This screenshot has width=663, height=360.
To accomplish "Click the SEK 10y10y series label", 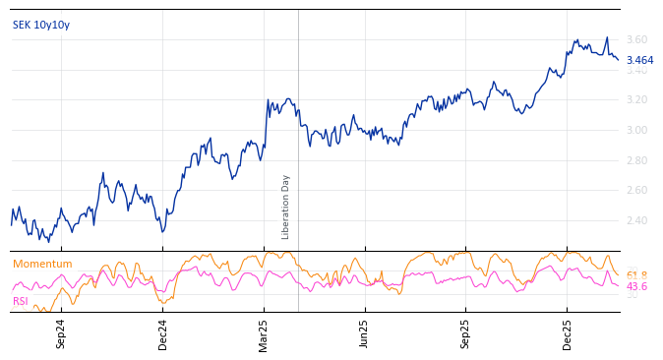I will (x=41, y=25).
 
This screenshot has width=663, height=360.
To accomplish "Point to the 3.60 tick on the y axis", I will (x=636, y=39).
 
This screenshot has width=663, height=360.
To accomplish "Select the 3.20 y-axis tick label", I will (x=636, y=100).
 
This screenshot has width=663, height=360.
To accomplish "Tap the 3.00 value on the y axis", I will (x=636, y=130).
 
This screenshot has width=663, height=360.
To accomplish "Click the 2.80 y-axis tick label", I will (x=636, y=160).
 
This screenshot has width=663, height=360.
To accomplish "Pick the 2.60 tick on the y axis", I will (x=636, y=190).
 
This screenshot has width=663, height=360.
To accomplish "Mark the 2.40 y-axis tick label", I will (x=636, y=220).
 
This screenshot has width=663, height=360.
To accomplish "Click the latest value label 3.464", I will (x=639, y=60).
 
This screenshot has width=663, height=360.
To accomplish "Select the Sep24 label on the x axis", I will (x=61, y=333).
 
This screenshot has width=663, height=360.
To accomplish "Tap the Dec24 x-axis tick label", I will (x=163, y=333).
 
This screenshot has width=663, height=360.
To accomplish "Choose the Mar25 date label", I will (x=264, y=333).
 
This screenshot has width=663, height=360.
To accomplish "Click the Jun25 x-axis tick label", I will (x=365, y=333).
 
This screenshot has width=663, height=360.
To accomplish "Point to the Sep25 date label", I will (x=465, y=333).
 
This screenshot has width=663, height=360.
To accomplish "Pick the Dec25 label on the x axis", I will (x=568, y=333).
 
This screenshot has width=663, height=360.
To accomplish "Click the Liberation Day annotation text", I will (x=286, y=207).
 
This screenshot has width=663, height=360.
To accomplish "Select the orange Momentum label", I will (x=42, y=264).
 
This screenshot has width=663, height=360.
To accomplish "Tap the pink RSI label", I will (x=20, y=301).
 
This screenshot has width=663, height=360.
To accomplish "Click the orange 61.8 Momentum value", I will (x=636, y=275).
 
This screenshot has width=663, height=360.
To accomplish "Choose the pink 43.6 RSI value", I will (x=636, y=286).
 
